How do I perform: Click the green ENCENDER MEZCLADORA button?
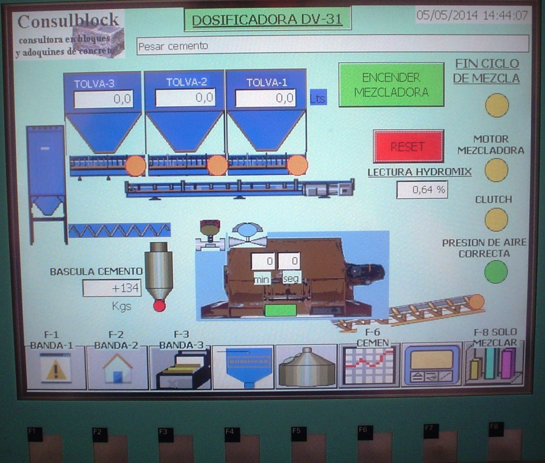pyautogui.click(x=391, y=85)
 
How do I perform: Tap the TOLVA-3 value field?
pyautogui.click(x=103, y=99)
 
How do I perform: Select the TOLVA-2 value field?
pyautogui.click(x=185, y=98)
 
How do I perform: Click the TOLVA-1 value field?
pyautogui.click(x=266, y=98)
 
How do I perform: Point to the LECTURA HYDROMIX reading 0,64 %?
pyautogui.click(x=422, y=190)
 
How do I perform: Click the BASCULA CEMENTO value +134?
pyautogui.click(x=112, y=288)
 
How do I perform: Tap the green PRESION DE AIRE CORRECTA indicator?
pyautogui.click(x=496, y=272)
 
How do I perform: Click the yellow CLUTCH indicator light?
pyautogui.click(x=496, y=219)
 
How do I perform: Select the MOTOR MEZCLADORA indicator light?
pyautogui.click(x=496, y=170)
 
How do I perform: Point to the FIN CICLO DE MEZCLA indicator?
pyautogui.click(x=497, y=106)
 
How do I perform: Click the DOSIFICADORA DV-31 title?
pyautogui.click(x=267, y=20)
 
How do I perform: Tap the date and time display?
pyautogui.click(x=473, y=15)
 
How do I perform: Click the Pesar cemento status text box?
pyautogui.click(x=332, y=45)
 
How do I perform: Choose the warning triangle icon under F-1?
pyautogui.click(x=56, y=368)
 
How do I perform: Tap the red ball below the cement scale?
pyautogui.click(x=159, y=306)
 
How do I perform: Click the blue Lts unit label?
pyautogui.click(x=318, y=97)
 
